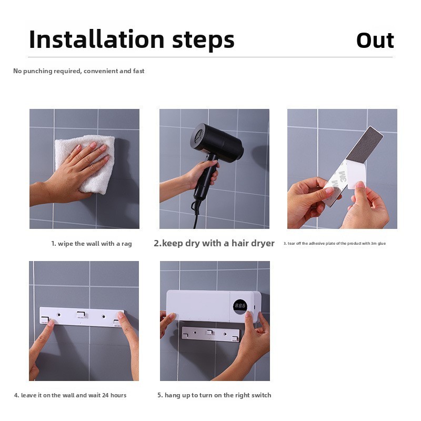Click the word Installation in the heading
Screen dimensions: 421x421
(x=97, y=39)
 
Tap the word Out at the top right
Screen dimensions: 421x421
(x=375, y=41)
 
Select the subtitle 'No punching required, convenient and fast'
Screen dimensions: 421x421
(x=78, y=71)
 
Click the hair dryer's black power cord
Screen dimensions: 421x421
(x=195, y=212)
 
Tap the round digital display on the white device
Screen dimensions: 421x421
(x=240, y=306)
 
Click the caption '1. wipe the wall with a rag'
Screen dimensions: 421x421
(x=92, y=244)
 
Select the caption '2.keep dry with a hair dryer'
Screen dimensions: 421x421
(x=214, y=243)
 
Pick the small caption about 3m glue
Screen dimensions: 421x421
(x=335, y=243)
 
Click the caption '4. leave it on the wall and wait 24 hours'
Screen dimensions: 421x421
(x=70, y=395)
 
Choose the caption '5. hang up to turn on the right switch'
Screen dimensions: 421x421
(x=214, y=395)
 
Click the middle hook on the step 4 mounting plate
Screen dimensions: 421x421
(x=81, y=314)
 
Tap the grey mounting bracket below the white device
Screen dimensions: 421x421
(x=210, y=334)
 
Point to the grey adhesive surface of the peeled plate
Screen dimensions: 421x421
(x=365, y=144)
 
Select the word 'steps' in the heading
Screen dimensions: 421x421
(x=203, y=41)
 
